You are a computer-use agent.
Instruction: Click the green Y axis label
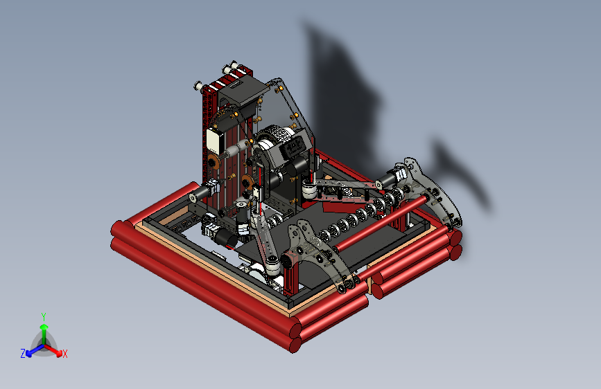(x=44, y=316)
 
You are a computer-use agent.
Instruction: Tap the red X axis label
(x=65, y=354)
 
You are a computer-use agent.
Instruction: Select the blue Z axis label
(x=23, y=354)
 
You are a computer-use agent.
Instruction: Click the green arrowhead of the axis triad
(x=44, y=327)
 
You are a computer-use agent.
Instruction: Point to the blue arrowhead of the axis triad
(x=28, y=354)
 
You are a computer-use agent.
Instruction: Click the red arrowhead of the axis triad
(x=59, y=353)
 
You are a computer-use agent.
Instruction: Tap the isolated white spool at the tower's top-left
(x=198, y=86)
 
